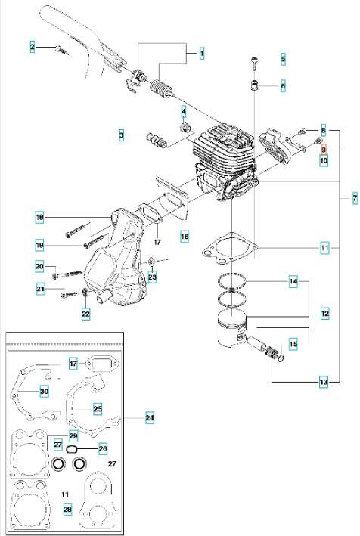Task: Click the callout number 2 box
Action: pyautogui.click(x=33, y=48)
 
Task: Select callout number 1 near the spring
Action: pyautogui.click(x=202, y=52)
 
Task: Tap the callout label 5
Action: pyautogui.click(x=283, y=58)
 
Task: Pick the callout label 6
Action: pyautogui.click(x=283, y=85)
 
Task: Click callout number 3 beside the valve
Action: pyautogui.click(x=121, y=135)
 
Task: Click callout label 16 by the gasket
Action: pyautogui.click(x=185, y=236)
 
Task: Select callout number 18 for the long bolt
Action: pyautogui.click(x=39, y=218)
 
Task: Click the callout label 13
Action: pyautogui.click(x=324, y=383)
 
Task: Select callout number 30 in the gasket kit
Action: pyautogui.click(x=44, y=391)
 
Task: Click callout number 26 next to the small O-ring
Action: pyautogui.click(x=103, y=448)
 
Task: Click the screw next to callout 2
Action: pyautogui.click(x=60, y=48)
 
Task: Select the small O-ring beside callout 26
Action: pyautogui.click(x=74, y=448)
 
